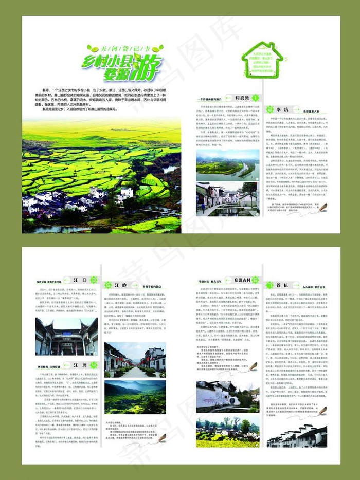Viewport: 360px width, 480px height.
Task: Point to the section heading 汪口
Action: click(x=80, y=280)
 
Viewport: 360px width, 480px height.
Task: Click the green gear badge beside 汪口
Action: click(x=94, y=280)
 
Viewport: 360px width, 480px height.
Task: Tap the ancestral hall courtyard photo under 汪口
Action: click(x=66, y=336)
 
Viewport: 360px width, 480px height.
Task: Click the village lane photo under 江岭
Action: click(x=135, y=360)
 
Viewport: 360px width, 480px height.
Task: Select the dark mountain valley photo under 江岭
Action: click(x=135, y=397)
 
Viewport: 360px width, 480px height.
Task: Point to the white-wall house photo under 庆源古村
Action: click(x=228, y=397)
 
